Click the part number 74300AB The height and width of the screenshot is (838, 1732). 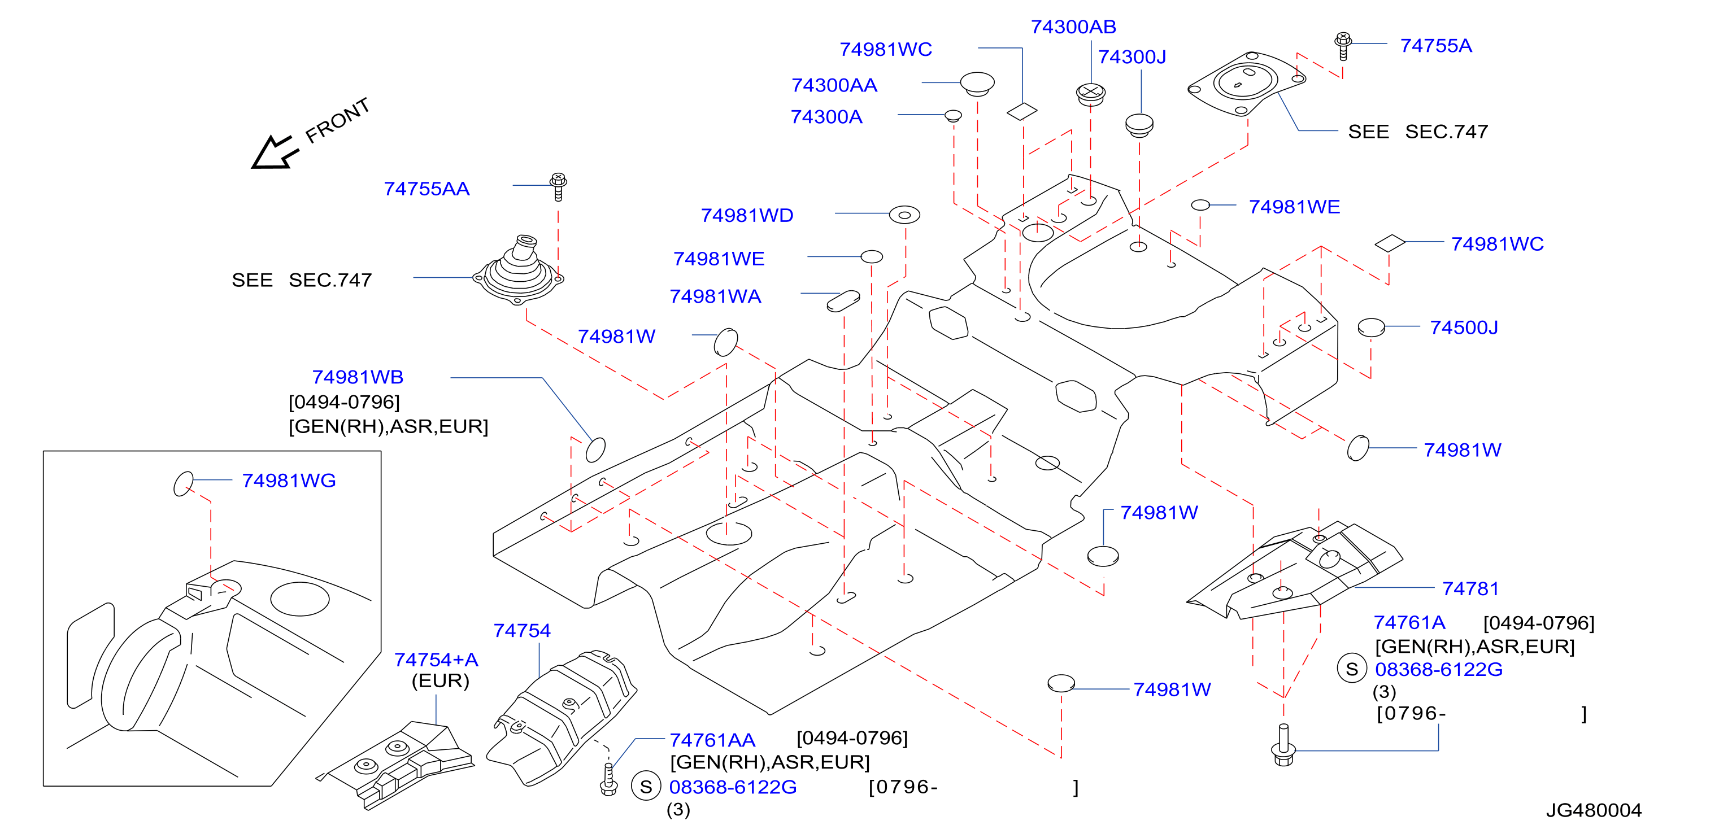click(1073, 27)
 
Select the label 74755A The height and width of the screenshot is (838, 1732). click(1435, 46)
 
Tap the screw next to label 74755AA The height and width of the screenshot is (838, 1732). click(558, 187)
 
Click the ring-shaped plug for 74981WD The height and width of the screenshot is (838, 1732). click(904, 215)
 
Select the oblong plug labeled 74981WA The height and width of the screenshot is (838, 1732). click(843, 301)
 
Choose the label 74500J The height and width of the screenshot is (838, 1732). click(1464, 328)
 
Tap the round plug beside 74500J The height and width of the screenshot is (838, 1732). click(1371, 328)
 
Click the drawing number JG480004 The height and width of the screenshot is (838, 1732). click(1594, 810)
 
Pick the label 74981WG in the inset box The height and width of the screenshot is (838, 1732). click(289, 481)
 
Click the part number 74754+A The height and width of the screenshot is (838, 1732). click(436, 659)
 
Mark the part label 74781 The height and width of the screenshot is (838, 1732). click(1470, 588)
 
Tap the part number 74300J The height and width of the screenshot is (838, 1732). click(1132, 57)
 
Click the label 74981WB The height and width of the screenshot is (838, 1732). click(358, 377)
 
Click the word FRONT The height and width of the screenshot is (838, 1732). click(337, 120)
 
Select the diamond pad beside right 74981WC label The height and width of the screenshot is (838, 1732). click(1390, 243)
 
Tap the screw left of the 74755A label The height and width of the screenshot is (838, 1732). click(1343, 46)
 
